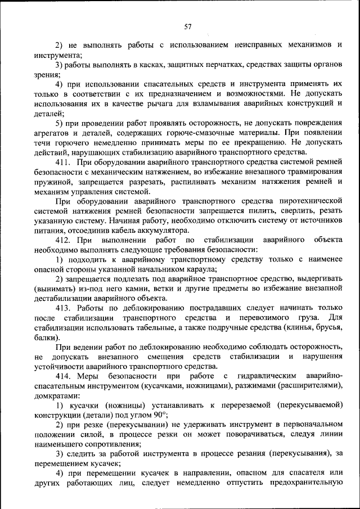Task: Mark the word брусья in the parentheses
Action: point(327,328)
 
